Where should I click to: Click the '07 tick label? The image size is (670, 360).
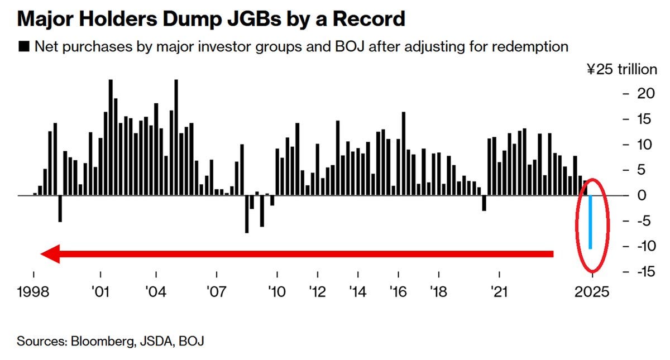pyautogui.click(x=216, y=291)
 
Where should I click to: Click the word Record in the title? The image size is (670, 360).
pyautogui.click(x=368, y=19)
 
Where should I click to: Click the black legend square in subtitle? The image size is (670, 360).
pyautogui.click(x=24, y=46)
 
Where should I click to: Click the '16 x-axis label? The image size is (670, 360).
pyautogui.click(x=399, y=291)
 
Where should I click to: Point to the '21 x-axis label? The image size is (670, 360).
pyautogui.click(x=499, y=291)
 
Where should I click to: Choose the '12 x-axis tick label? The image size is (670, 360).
pyautogui.click(x=318, y=291)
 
